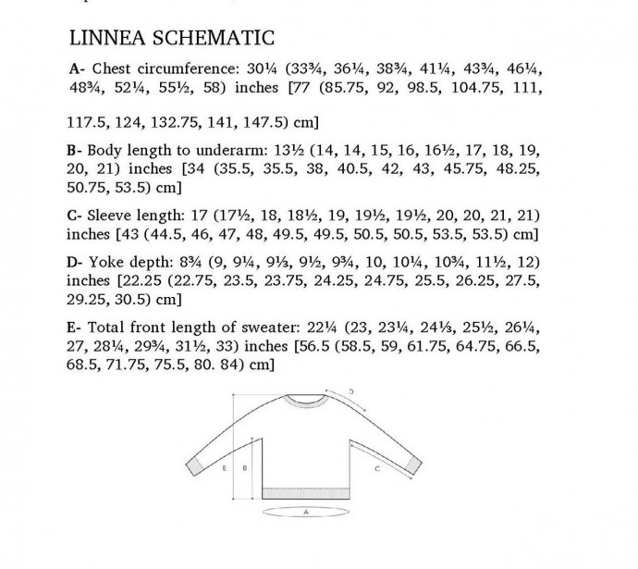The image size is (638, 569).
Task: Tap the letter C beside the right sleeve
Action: pos(378,469)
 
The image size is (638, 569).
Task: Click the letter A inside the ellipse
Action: pos(305,510)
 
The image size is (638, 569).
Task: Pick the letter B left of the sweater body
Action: pos(243,468)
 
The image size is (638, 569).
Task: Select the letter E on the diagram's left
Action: pos(226,468)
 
